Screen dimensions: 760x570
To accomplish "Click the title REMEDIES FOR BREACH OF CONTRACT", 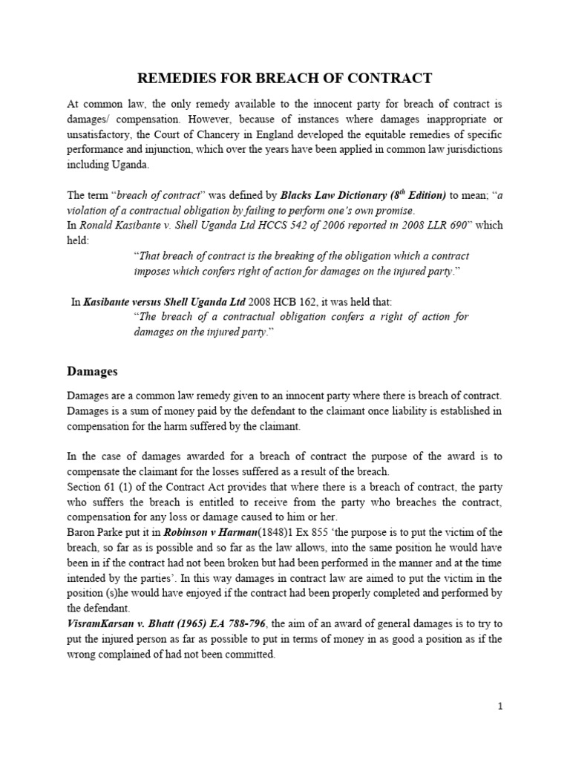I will click(285, 79).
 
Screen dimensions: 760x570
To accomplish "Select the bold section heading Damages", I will click(92, 370).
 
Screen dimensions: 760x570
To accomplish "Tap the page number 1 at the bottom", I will click(500, 707).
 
